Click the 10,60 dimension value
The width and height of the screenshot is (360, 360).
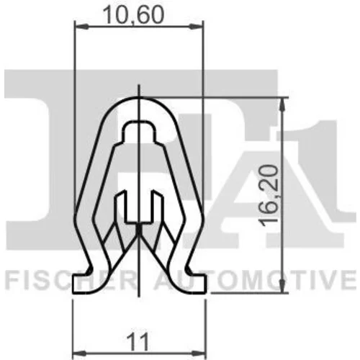pos(133,15)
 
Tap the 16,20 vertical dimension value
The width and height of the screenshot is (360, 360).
pos(270,196)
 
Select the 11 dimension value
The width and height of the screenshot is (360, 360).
pos(138,341)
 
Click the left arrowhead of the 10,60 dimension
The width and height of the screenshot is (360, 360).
pos(80,27)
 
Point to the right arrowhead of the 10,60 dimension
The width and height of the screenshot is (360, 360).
pos(197,27)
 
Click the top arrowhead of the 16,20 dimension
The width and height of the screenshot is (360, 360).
pos(284,104)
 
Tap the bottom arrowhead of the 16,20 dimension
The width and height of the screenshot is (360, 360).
pos(284,286)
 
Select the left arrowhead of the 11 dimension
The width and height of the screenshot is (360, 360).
pos(78,354)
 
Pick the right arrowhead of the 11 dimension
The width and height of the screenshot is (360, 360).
pos(199,354)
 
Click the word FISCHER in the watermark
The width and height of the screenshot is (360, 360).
pos(71,280)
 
